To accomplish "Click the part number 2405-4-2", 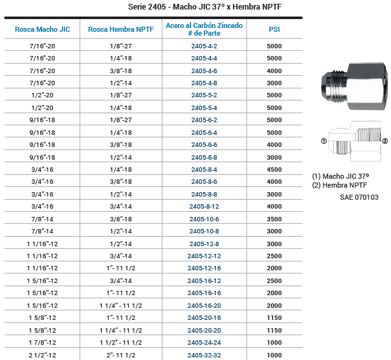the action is point(204,46).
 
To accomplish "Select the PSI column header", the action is point(274,29).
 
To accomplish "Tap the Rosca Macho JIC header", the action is point(43,29).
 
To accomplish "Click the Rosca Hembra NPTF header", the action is point(121,29).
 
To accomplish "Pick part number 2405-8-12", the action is point(204,207).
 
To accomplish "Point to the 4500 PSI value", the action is point(274,170).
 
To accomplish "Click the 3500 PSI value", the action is point(274,219).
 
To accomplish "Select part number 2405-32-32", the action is point(204,356).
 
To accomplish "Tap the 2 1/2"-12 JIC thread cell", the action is point(43,356).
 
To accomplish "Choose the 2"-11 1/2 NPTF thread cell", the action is point(121,356).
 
